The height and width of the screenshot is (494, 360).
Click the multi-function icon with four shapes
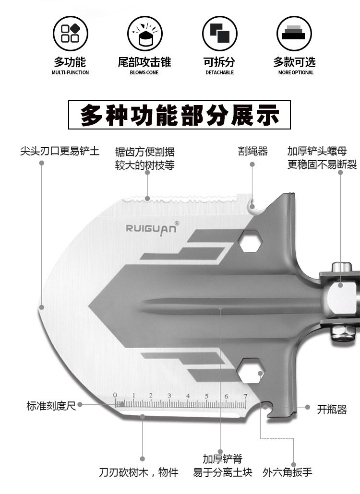click(70, 34)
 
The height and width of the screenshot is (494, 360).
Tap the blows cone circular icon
click(144, 34)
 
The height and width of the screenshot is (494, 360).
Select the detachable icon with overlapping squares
click(219, 34)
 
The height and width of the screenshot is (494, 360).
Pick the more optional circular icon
click(294, 34)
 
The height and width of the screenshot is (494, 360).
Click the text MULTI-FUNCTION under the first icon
click(70, 73)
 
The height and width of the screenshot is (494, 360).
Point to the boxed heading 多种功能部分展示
click(180, 115)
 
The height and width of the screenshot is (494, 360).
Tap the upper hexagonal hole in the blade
click(250, 240)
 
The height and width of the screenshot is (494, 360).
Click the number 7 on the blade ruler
click(245, 396)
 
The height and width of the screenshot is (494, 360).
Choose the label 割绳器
click(252, 152)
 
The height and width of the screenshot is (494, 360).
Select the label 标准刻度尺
click(51, 406)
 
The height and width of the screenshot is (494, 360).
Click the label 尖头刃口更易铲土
click(60, 152)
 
